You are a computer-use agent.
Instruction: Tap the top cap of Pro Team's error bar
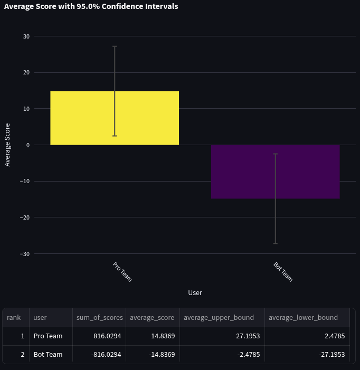pyautogui.click(x=115, y=46)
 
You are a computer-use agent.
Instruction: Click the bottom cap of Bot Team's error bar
pyautogui.click(x=275, y=243)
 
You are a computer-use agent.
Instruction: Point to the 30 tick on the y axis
pyautogui.click(x=26, y=36)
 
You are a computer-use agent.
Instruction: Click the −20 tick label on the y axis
pyautogui.click(x=25, y=217)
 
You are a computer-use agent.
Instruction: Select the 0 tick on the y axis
pyautogui.click(x=28, y=145)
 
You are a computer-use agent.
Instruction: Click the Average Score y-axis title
pyautogui.click(x=7, y=145)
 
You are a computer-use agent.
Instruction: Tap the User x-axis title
pyautogui.click(x=195, y=292)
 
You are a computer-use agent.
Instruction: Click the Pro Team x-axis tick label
pyautogui.click(x=122, y=271)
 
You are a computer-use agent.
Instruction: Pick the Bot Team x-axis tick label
pyautogui.click(x=283, y=272)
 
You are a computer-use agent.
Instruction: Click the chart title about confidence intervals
pyautogui.click(x=91, y=7)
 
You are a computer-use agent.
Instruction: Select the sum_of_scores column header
pyautogui.click(x=99, y=318)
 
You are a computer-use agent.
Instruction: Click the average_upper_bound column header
pyautogui.click(x=219, y=318)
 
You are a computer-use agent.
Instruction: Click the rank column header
pyautogui.click(x=14, y=318)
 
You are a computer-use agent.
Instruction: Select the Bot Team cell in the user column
pyautogui.click(x=48, y=355)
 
